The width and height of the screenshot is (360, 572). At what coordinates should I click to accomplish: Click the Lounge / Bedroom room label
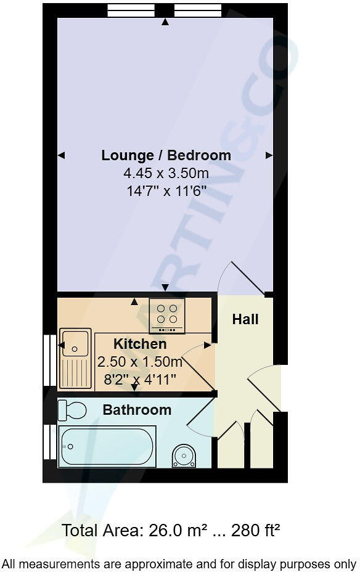coord(166,155)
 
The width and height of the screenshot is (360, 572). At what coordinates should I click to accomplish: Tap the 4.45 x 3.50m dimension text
coord(166,173)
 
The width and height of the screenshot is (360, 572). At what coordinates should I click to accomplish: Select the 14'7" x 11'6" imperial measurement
coord(166,191)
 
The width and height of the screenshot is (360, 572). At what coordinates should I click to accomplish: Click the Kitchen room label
coord(140,344)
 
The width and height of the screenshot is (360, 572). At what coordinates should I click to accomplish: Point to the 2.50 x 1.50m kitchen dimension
coord(140,361)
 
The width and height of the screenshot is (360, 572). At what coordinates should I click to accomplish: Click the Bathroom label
coord(137,410)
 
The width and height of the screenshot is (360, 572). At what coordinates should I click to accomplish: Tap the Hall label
coord(245,319)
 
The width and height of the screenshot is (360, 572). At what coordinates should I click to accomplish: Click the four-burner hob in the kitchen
coord(167,314)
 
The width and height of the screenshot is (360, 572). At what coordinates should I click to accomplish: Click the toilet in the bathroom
coord(72,411)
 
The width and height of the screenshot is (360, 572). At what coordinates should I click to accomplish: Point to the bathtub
coord(107,446)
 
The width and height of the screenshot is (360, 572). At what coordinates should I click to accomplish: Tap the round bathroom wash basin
coord(183,456)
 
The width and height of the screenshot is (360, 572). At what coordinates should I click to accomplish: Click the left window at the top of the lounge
coord(131,10)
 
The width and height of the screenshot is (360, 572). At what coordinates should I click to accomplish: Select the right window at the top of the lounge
coord(198,10)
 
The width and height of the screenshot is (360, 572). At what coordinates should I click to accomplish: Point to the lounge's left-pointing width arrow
coord(61,156)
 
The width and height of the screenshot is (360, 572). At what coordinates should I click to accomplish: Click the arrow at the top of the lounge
coord(165,23)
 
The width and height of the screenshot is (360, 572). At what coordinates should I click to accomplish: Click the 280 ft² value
coord(258,530)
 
